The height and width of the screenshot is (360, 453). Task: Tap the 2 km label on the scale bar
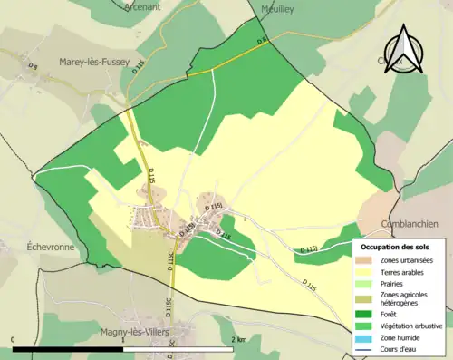point(239,339)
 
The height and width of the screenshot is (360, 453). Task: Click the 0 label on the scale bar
point(14,339)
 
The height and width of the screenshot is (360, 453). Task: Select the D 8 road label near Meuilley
point(262,42)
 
